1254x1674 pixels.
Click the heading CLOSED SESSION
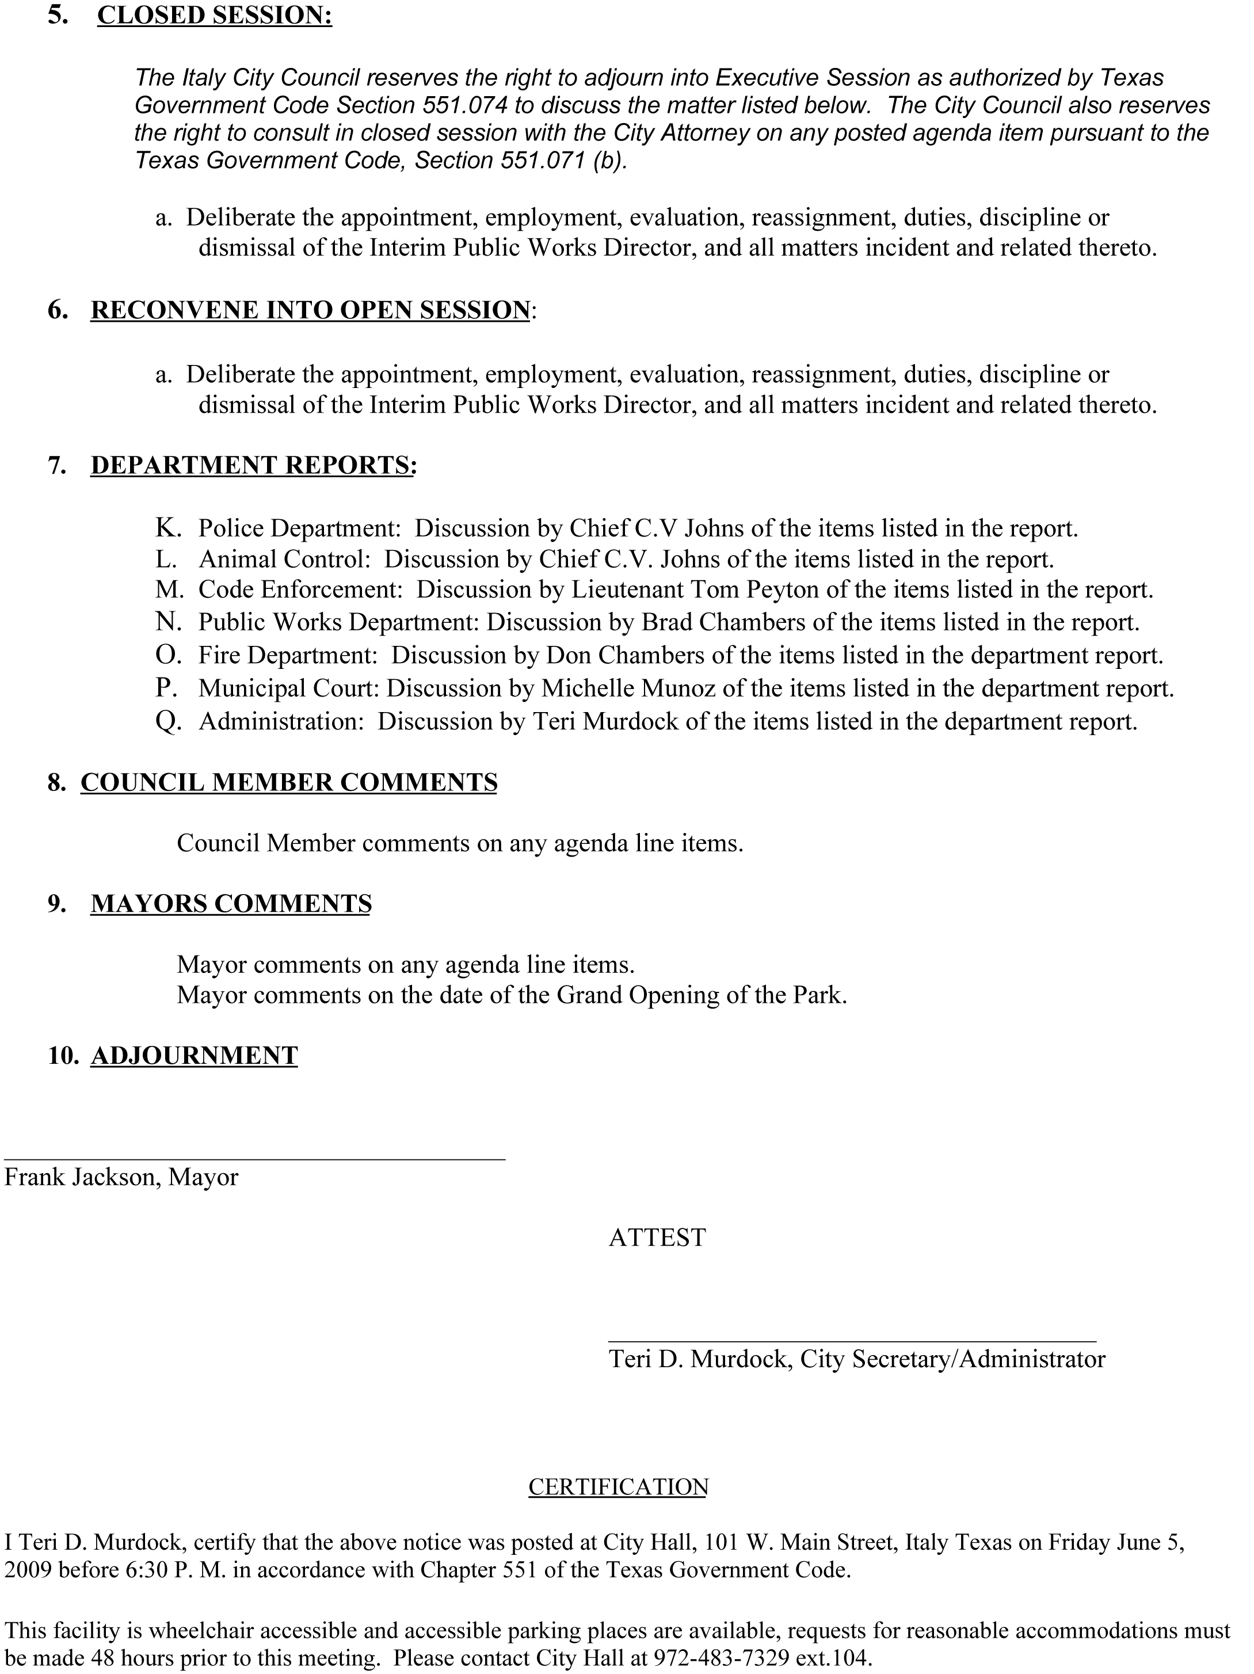coord(214,16)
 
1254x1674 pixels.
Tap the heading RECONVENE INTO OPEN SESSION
coord(310,310)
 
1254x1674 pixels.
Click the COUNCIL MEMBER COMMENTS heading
coord(289,782)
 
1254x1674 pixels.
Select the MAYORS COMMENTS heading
coord(231,904)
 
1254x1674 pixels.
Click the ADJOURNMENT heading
coord(195,1056)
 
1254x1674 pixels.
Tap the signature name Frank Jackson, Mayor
coord(121,1177)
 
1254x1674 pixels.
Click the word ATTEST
coord(657,1237)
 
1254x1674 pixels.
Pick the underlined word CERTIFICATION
coord(618,1487)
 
